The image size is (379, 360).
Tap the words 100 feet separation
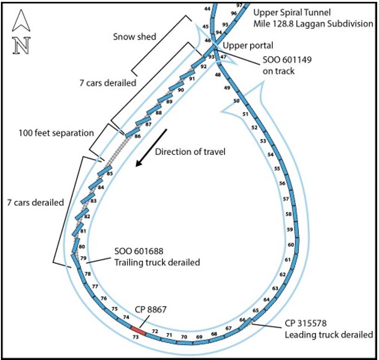tap(56, 133)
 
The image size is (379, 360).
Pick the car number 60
tap(290, 245)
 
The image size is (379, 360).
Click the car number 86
tap(137, 137)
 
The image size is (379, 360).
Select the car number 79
tap(84, 258)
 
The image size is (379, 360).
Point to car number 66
tap(242, 320)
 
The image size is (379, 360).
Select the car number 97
tap(239, 5)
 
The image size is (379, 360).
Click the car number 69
tap(199, 337)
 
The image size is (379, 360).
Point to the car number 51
tap(246, 114)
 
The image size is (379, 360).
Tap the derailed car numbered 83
tap(93, 201)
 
